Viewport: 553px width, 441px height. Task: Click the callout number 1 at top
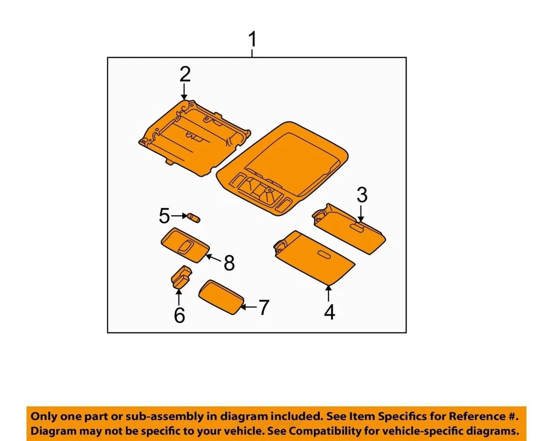pos(252,41)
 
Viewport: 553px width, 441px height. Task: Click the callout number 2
pos(184,74)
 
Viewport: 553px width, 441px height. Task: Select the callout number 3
pos(361,195)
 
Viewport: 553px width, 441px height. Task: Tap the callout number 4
pos(329,312)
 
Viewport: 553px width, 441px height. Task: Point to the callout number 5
pos(165,216)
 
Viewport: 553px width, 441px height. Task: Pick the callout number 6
pos(179,315)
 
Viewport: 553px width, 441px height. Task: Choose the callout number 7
pos(263,308)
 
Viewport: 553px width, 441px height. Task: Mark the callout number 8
pos(229,263)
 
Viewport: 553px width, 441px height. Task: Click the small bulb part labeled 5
pos(194,218)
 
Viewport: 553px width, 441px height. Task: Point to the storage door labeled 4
pos(314,257)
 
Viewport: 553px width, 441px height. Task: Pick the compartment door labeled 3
pos(350,228)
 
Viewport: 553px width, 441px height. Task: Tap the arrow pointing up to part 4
pos(329,294)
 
